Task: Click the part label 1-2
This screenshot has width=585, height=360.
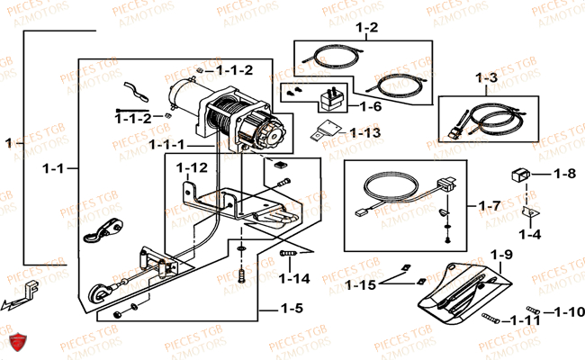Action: [366, 29]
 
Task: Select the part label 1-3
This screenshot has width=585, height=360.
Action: [487, 78]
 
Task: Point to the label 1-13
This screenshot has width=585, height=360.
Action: [365, 132]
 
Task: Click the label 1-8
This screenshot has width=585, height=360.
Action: [564, 174]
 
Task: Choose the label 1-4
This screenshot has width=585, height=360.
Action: [555, 235]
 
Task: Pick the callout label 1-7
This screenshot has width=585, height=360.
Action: [490, 206]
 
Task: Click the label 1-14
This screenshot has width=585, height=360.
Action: [293, 279]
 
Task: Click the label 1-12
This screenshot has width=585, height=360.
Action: [192, 167]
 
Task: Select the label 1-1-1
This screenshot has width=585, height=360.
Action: [167, 144]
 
